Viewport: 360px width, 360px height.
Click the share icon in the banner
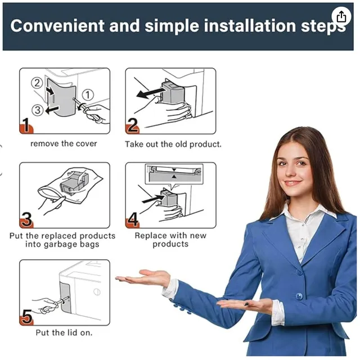point(341,16)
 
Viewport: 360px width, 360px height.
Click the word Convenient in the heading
point(57,25)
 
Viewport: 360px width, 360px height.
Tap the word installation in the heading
point(250,25)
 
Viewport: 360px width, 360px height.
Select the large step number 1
point(26,125)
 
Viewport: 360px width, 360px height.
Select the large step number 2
point(133,125)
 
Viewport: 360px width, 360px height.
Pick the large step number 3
point(26,219)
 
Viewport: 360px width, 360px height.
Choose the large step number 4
point(133,219)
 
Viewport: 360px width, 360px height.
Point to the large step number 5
point(26,316)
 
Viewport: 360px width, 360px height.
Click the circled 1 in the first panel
point(88,94)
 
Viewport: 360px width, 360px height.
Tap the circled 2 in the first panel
point(37,83)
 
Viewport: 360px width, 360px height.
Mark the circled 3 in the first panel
point(38,110)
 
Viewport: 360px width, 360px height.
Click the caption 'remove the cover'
point(64,144)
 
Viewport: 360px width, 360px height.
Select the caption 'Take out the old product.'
point(173,144)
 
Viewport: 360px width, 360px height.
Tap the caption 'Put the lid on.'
point(64,332)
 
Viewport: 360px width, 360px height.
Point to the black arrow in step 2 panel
point(151,92)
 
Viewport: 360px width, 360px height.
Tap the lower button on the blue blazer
point(299,296)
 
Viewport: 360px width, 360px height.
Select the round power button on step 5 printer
point(97,291)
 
